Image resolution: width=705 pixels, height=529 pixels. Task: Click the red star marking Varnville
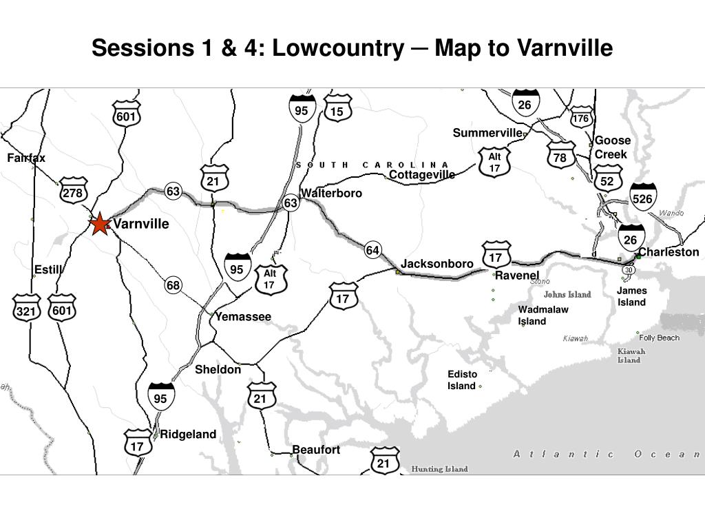click(x=100, y=224)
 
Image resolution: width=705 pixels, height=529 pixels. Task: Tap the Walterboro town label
click(x=331, y=193)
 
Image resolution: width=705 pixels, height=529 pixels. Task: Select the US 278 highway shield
click(x=73, y=193)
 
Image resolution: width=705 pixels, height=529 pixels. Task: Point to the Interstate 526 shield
click(x=642, y=197)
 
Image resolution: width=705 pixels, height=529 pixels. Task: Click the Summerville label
click(x=487, y=132)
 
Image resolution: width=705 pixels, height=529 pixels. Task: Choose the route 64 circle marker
click(x=372, y=250)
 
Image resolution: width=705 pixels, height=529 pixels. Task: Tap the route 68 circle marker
click(x=173, y=285)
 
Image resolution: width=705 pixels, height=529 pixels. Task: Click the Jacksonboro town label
click(x=437, y=264)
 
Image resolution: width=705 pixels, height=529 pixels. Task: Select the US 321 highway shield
click(x=26, y=311)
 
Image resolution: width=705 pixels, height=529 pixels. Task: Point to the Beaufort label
click(x=316, y=450)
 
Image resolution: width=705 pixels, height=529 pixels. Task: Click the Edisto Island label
click(x=462, y=380)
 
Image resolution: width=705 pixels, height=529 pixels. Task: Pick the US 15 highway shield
click(x=337, y=111)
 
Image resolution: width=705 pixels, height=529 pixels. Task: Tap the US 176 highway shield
click(x=581, y=118)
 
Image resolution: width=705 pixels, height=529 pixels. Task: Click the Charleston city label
click(x=669, y=252)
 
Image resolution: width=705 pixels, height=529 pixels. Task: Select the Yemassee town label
click(x=243, y=317)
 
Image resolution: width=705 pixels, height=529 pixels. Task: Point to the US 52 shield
click(x=607, y=180)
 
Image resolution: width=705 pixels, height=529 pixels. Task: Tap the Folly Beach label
click(x=659, y=338)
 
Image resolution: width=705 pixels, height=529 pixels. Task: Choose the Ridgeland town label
click(x=188, y=434)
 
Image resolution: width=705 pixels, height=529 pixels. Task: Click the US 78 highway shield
click(x=560, y=158)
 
